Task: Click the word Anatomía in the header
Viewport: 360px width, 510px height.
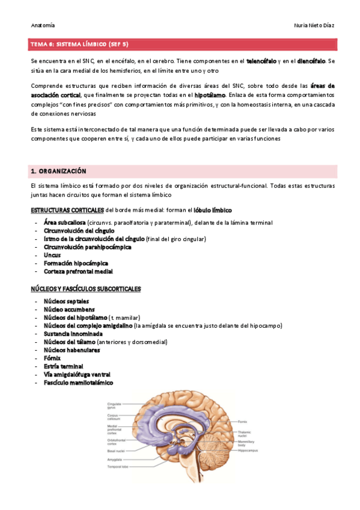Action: [x=42, y=25]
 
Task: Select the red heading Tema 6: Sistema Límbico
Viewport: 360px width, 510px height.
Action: [x=79, y=45]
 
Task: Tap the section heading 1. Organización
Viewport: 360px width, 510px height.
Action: [x=58, y=171]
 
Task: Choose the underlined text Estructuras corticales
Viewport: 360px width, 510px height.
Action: [x=67, y=210]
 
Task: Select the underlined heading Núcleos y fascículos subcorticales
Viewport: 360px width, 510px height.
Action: [x=85, y=289]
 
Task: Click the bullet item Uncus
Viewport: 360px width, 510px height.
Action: [x=52, y=255]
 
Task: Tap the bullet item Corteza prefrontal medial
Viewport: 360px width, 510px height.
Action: [x=78, y=271]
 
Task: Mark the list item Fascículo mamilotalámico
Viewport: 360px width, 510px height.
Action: [x=78, y=382]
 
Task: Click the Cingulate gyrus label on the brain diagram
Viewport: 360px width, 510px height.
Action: [x=115, y=405]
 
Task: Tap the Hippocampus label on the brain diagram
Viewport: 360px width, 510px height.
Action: [x=250, y=450]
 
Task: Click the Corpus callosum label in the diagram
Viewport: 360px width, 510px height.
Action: [x=115, y=417]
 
